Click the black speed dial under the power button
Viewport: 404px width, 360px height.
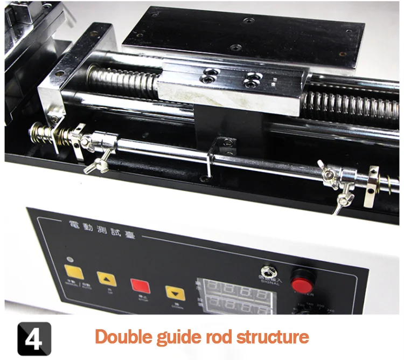tap(318, 309)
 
